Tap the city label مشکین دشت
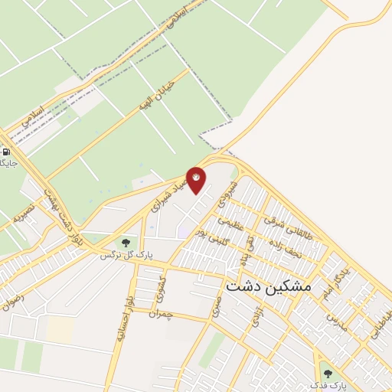click(x=268, y=286)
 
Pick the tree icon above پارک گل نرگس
click(x=125, y=242)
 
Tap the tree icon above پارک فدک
click(x=328, y=373)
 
